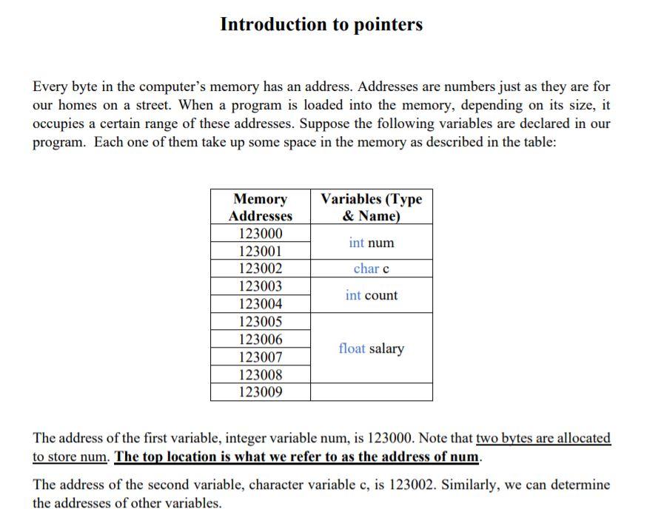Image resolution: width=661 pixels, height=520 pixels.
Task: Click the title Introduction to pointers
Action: pyautogui.click(x=321, y=24)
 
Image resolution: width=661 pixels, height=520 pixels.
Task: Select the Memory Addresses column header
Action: pyautogui.click(x=261, y=207)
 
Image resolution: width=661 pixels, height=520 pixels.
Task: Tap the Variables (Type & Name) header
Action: pyautogui.click(x=371, y=207)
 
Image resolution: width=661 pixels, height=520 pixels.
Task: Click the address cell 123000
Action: pyautogui.click(x=261, y=233)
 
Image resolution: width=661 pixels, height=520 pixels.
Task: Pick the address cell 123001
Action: pyautogui.click(x=261, y=251)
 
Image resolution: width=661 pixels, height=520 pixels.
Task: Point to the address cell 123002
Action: pyautogui.click(x=261, y=269)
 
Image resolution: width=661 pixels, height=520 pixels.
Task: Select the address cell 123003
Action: pyautogui.click(x=261, y=286)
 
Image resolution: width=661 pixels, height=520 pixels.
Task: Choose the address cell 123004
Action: pyautogui.click(x=261, y=304)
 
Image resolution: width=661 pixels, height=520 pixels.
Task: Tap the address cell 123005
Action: pyautogui.click(x=261, y=322)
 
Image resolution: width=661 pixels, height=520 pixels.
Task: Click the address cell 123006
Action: pyautogui.click(x=261, y=340)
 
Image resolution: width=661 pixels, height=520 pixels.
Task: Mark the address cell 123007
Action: pyautogui.click(x=261, y=357)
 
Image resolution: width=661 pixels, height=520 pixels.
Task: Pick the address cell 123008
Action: pyautogui.click(x=261, y=375)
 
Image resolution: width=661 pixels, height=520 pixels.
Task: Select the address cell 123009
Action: pyautogui.click(x=261, y=392)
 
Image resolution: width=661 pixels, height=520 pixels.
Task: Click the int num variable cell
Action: pyautogui.click(x=372, y=243)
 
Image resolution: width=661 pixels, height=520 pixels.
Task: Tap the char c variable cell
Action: pyautogui.click(x=372, y=269)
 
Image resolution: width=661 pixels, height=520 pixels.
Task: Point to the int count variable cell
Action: pyautogui.click(x=372, y=295)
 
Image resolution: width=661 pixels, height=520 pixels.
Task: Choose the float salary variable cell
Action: pyautogui.click(x=372, y=348)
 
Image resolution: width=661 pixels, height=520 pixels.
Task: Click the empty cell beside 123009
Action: pyautogui.click(x=372, y=392)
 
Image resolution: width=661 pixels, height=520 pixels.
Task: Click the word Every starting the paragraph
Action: pyautogui.click(x=50, y=87)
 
